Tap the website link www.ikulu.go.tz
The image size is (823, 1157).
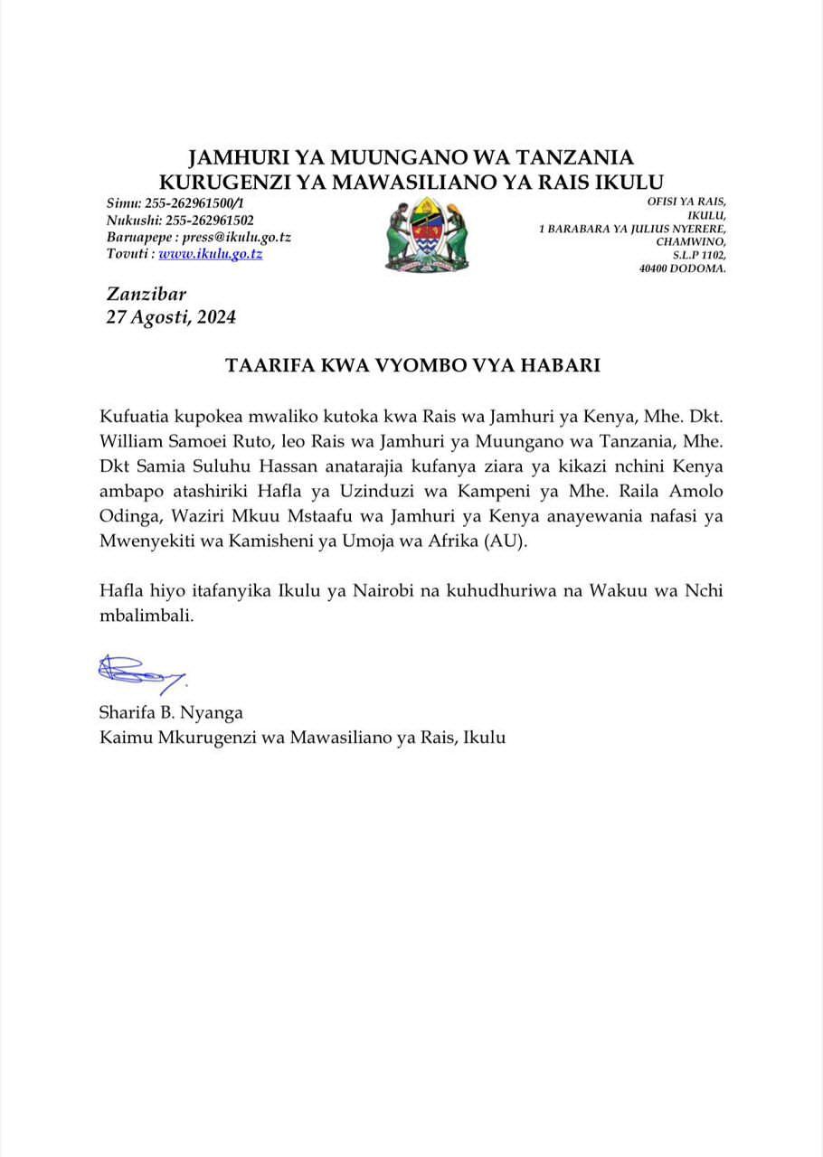click(211, 254)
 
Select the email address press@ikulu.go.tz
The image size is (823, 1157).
click(236, 237)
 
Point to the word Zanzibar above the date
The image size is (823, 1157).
click(147, 294)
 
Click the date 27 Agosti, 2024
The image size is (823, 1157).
click(172, 317)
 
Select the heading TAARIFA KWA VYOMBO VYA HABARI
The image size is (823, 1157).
click(412, 366)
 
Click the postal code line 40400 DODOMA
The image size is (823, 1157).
click(682, 268)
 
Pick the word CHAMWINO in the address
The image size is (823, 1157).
click(690, 241)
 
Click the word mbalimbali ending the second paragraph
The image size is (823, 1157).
click(146, 616)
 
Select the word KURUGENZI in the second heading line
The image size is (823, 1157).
click(233, 182)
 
